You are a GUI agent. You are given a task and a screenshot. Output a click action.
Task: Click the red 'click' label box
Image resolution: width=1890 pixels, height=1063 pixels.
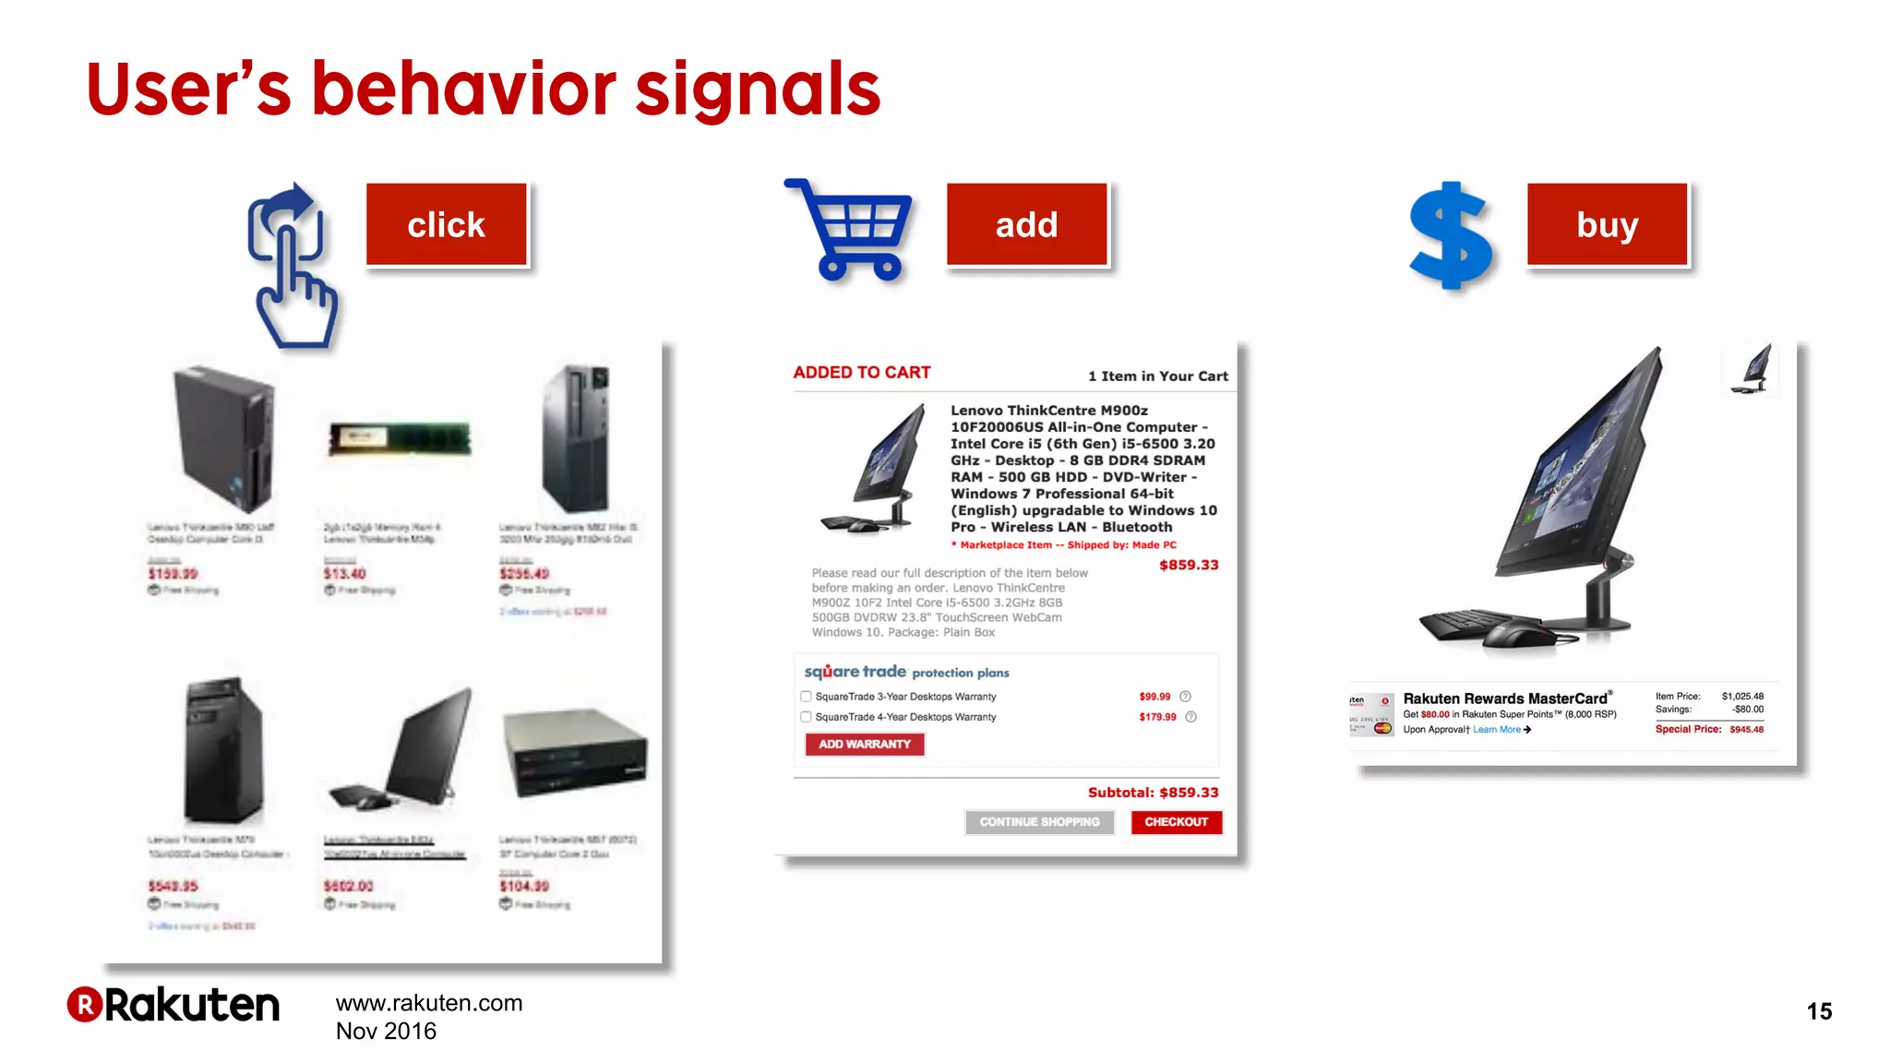pos(447,225)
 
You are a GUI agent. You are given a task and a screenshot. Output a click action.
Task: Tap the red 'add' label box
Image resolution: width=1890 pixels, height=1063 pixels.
pos(1026,225)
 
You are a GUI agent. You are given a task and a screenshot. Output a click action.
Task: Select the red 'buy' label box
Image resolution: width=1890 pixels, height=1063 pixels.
pos(1607,225)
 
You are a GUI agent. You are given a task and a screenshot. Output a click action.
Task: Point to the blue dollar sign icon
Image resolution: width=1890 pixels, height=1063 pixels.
pos(1450,235)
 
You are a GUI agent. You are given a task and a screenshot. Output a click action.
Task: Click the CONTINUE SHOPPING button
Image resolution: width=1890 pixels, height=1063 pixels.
pos(1039,822)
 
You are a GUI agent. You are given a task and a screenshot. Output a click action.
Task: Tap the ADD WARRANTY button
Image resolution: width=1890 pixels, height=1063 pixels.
pos(865,745)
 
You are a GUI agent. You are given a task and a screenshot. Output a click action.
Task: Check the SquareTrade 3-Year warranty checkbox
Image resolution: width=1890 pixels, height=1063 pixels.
pos(806,697)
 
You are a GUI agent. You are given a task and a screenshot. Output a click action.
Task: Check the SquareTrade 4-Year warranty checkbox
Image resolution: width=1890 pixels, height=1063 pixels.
pos(806,717)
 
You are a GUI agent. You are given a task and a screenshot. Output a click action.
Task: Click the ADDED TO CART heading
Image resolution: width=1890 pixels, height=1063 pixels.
pos(862,373)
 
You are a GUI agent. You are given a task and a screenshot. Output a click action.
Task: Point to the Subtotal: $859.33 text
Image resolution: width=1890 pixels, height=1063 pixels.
pos(1153,793)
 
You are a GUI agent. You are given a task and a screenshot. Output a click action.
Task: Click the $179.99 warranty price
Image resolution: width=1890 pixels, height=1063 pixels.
pos(1157,717)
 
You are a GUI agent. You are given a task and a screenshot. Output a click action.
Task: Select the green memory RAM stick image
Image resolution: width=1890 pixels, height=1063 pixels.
pos(400,439)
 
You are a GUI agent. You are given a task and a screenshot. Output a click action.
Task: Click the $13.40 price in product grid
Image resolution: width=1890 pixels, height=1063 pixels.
pos(344,574)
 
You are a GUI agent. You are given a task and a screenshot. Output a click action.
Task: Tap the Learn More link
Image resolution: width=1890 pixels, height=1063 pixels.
pos(1497,730)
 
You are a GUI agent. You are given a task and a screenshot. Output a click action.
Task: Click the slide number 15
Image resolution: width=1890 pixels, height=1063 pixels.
pos(1819,1011)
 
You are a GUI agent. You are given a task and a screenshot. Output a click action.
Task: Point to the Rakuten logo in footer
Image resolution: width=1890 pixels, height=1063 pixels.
pos(173,1005)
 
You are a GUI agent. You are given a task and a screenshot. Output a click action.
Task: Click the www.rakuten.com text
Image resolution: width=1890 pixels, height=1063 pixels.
pos(429,1003)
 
